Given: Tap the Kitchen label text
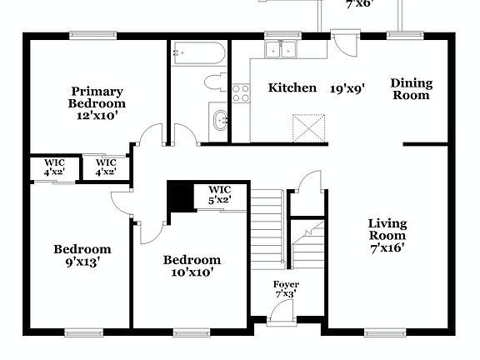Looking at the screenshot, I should tap(292, 87).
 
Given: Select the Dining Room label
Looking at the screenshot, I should tap(411, 88).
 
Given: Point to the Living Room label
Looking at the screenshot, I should tap(387, 235).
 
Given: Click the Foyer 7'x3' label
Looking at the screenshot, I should tap(287, 289).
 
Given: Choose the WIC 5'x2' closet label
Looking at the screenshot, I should tap(220, 194).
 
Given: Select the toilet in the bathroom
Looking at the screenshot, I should tap(215, 82).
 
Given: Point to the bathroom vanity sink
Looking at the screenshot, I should tap(219, 119).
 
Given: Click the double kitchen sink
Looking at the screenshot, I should tap(282, 50).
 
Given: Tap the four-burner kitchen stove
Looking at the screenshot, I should tap(241, 92).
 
